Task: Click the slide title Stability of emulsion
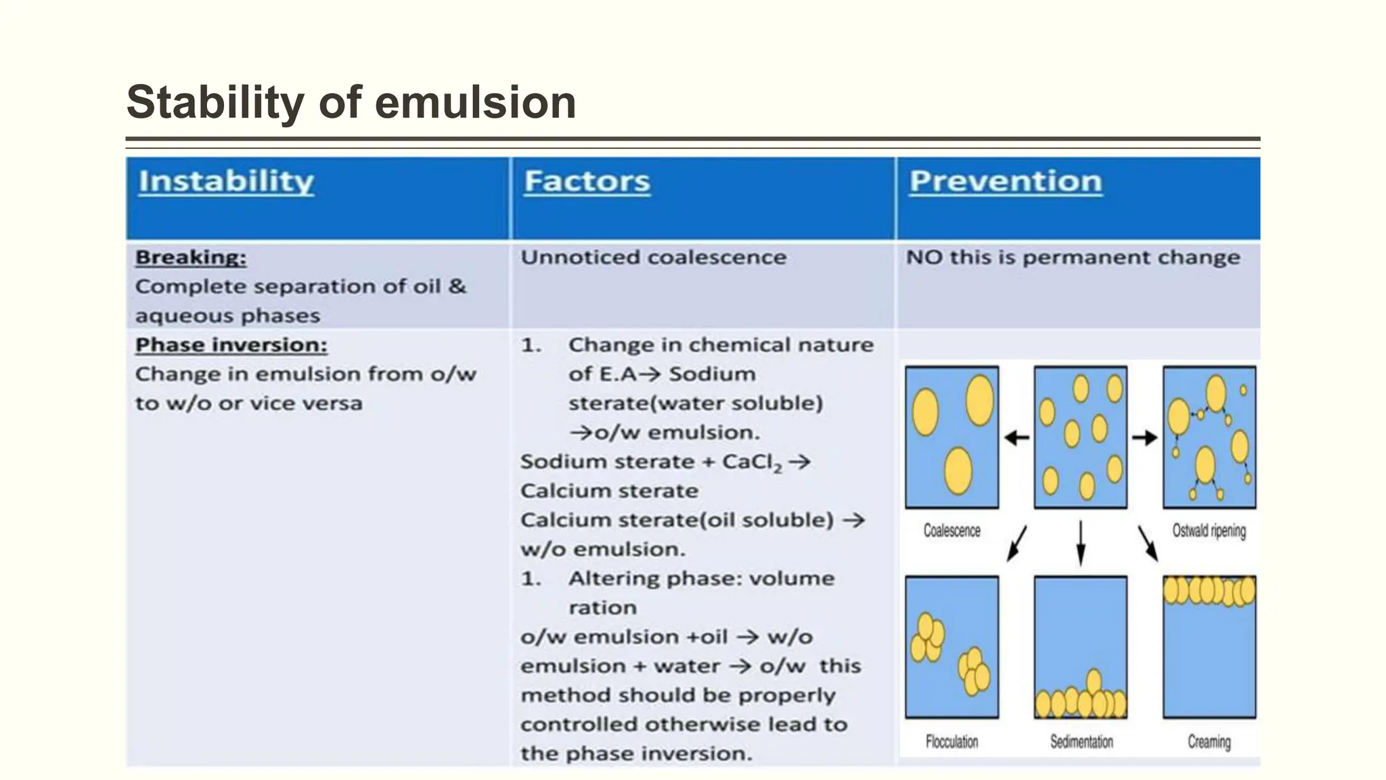tap(351, 103)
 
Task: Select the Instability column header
tap(226, 181)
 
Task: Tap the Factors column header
tap(587, 181)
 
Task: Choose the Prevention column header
tap(1006, 181)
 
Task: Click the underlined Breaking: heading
tap(191, 257)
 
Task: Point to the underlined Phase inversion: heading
tap(231, 345)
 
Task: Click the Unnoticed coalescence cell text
tap(653, 257)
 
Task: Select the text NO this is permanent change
tap(1073, 257)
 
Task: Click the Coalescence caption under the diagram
tap(952, 531)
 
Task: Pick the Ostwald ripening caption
tap(1209, 531)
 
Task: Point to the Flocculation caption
tap(952, 741)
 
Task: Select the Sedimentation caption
tap(1081, 741)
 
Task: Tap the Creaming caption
tap(1209, 741)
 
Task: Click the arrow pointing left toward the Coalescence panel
tap(1016, 438)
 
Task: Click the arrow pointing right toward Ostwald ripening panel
tap(1145, 438)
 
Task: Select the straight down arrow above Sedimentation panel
tap(1081, 542)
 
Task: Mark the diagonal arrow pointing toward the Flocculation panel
tap(1016, 543)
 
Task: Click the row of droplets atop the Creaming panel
tap(1209, 591)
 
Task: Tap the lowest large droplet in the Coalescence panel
tap(958, 471)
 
